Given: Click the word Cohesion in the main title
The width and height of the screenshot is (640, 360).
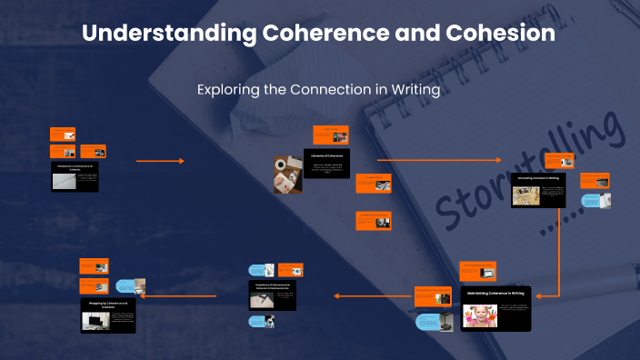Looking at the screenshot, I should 500,34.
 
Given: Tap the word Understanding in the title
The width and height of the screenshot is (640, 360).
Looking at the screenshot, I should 167,34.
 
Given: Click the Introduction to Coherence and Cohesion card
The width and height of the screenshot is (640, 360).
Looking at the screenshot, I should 75,176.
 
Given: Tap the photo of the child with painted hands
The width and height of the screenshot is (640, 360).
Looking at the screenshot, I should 479,315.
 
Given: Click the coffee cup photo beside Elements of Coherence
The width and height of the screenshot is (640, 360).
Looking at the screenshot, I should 287,175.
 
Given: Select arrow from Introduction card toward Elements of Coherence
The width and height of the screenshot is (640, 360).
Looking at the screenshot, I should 160,161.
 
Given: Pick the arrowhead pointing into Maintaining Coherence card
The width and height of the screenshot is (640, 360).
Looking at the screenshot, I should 540,295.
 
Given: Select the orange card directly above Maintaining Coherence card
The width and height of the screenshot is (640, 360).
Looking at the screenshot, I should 477,269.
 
